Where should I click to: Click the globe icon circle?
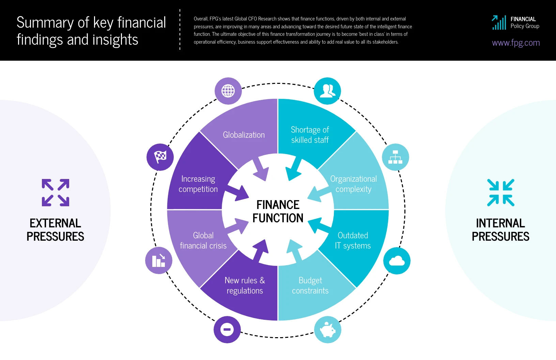click(228, 91)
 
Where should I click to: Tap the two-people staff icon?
click(327, 91)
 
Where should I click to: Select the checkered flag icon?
click(160, 157)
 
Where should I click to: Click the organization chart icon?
click(395, 157)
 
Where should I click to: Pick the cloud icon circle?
click(397, 261)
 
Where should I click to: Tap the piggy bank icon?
click(327, 330)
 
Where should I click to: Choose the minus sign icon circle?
click(227, 330)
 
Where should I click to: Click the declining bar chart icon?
click(159, 261)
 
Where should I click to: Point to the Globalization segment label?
click(244, 135)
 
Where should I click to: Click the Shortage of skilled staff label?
click(310, 135)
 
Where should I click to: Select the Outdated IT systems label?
click(353, 241)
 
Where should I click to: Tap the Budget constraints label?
click(310, 286)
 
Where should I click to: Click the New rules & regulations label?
click(245, 286)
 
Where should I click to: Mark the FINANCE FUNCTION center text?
click(278, 211)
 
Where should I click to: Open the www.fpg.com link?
click(515, 43)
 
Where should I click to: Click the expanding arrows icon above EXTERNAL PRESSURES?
click(56, 193)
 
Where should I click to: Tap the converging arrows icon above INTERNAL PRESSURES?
click(500, 193)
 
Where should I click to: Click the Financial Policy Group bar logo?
click(499, 23)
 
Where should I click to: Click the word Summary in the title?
click(45, 23)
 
